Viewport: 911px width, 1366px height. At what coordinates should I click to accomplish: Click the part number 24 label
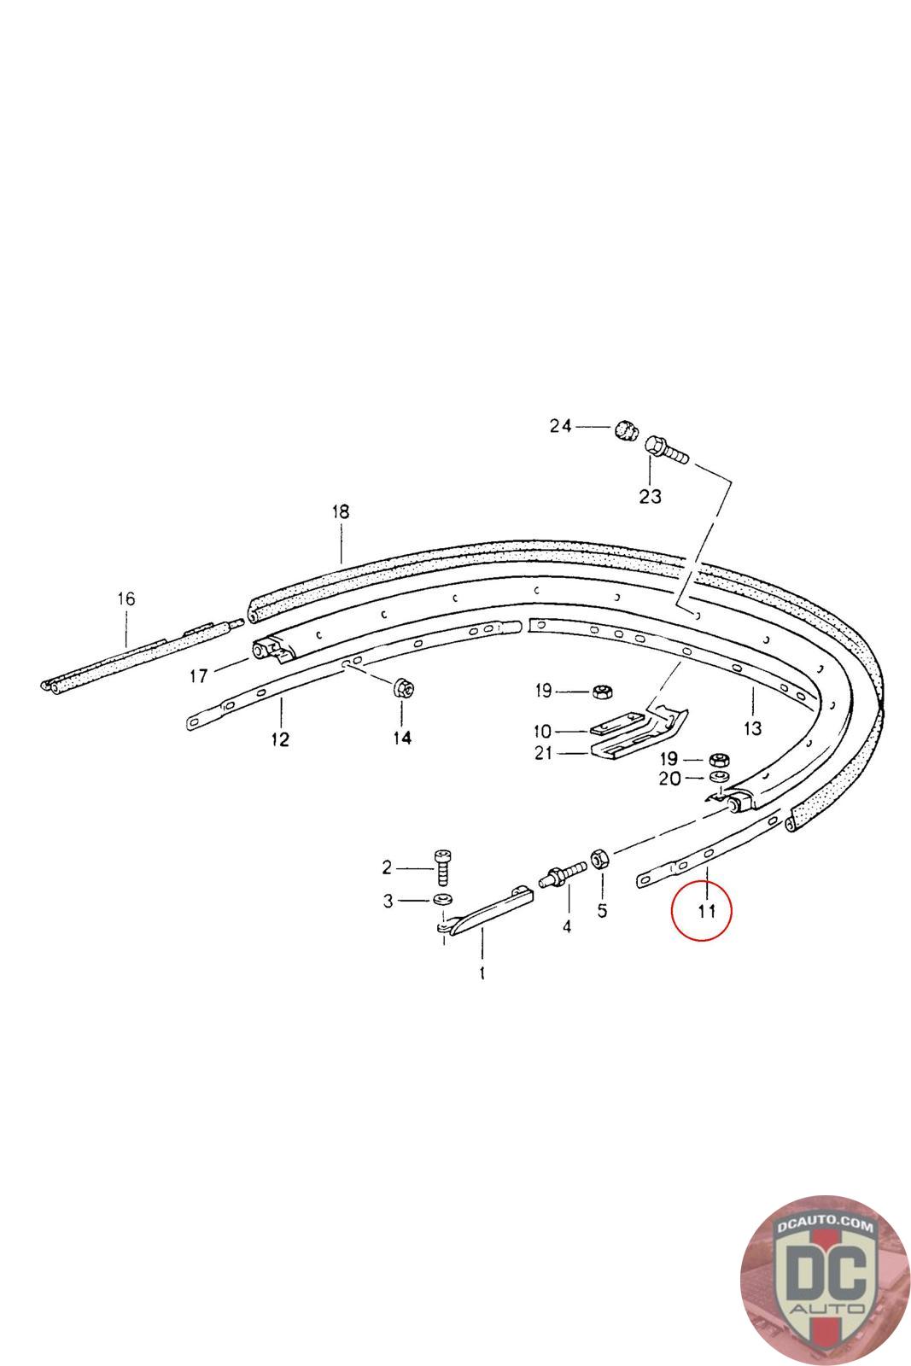tap(560, 426)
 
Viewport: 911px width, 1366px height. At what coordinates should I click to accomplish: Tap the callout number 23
tap(650, 496)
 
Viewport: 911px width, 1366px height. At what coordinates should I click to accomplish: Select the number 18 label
tap(341, 511)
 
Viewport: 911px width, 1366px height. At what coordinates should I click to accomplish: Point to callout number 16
tap(126, 598)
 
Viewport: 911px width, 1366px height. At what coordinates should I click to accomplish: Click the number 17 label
tap(199, 675)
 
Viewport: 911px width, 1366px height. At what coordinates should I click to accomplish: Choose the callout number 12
tap(280, 739)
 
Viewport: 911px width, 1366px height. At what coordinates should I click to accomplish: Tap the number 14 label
tap(402, 738)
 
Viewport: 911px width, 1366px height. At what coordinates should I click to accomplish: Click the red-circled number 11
tap(706, 912)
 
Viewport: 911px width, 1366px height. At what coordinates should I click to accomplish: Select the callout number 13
tap(752, 728)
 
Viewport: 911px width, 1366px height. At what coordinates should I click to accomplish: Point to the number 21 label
tap(543, 753)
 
